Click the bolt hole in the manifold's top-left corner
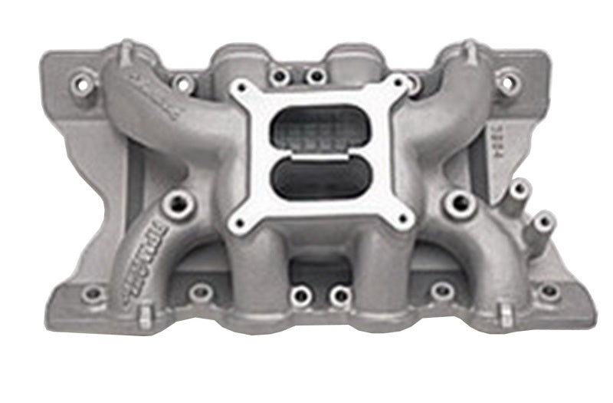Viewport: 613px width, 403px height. [x=80, y=78]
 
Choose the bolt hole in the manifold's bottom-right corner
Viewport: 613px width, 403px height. [x=549, y=292]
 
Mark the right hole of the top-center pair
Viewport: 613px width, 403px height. [x=314, y=75]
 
